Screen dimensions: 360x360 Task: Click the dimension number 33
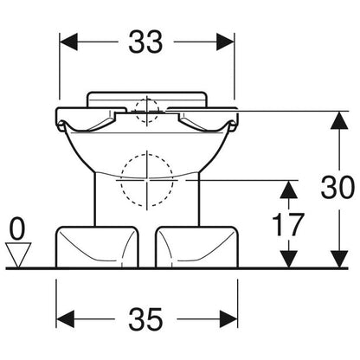pos(145,42)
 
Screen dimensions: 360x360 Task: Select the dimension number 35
pos(145,319)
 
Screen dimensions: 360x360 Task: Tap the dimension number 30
pos(337,187)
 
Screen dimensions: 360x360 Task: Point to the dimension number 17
pos(288,225)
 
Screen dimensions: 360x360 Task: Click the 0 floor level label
pos(17,229)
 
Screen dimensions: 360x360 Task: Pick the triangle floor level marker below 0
pos(18,254)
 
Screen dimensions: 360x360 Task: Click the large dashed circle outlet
pos(147,180)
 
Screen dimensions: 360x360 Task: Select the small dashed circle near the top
pos(147,111)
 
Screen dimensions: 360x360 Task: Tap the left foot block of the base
pos(97,247)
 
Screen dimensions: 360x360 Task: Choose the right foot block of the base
pos(197,247)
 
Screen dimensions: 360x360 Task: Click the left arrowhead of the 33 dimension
pos(68,42)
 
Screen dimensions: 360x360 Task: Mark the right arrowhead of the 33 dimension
pos(225,42)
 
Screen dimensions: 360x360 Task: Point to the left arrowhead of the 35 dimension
pos(65,319)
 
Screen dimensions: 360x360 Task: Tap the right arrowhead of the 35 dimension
pos(228,319)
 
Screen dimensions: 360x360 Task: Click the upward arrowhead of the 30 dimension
pos(339,120)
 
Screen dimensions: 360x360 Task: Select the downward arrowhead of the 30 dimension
pos(339,259)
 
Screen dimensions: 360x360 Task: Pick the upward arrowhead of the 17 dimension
pos(289,189)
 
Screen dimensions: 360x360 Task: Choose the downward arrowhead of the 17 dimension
pos(289,259)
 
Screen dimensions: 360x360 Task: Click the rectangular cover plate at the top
pos(147,99)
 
